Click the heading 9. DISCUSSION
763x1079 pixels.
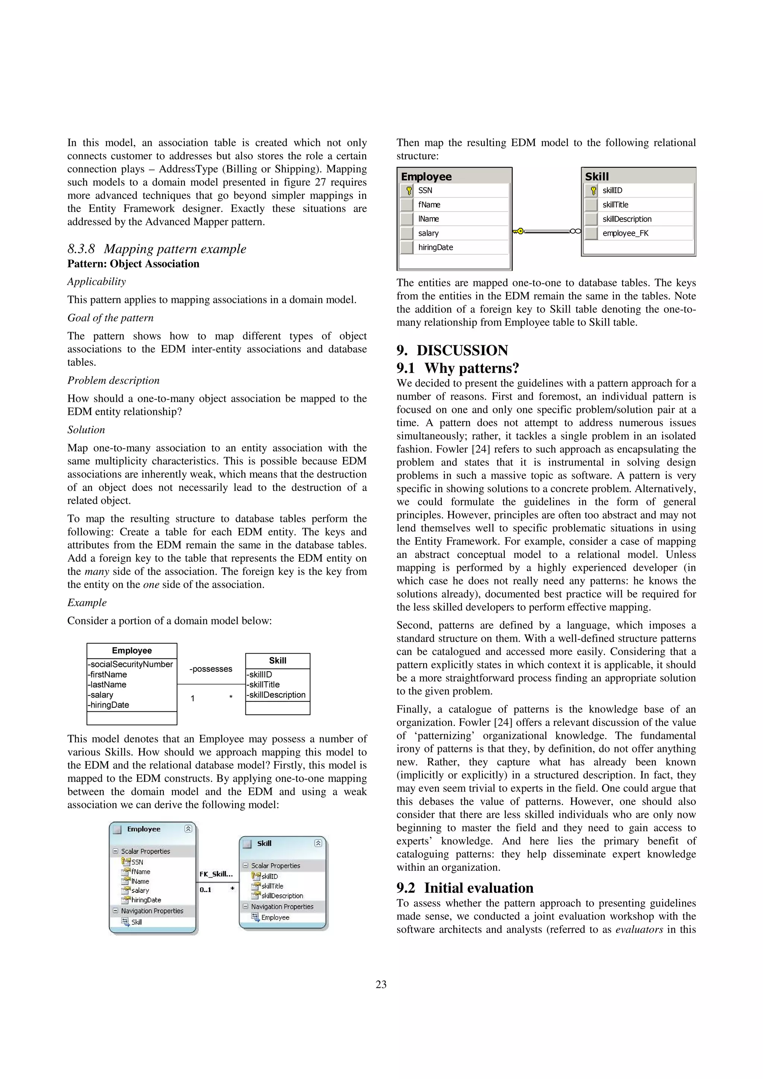[x=452, y=350]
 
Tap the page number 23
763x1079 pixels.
[x=381, y=984]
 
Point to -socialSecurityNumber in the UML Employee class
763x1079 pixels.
[x=131, y=664]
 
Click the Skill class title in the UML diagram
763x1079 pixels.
[x=277, y=660]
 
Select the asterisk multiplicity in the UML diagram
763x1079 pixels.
[x=231, y=697]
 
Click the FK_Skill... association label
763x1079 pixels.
[x=216, y=874]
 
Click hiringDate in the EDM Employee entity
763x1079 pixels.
[x=146, y=900]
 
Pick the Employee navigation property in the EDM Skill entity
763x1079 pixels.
[x=275, y=917]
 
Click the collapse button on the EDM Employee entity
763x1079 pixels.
[x=188, y=828]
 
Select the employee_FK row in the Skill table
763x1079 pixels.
[x=625, y=233]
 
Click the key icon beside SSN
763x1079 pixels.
[x=409, y=190]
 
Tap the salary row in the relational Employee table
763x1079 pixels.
[x=428, y=233]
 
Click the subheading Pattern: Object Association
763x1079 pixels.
[x=133, y=264]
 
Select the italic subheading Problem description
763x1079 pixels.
[x=113, y=380]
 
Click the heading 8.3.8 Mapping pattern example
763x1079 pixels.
[x=156, y=248]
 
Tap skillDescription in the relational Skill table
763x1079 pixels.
[x=627, y=219]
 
